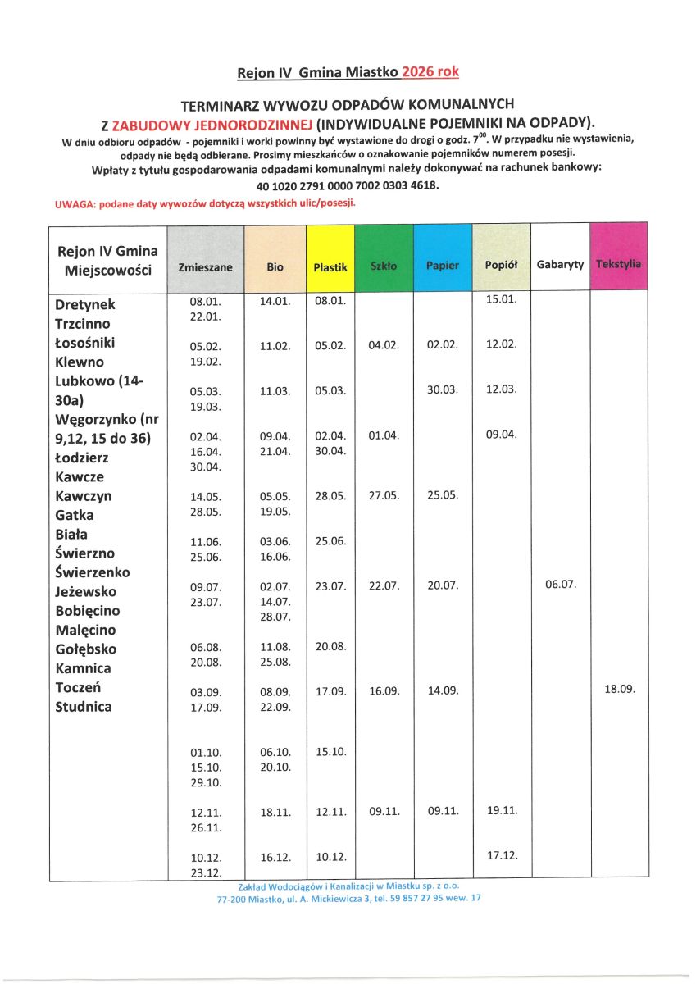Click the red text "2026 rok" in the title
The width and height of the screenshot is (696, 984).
430,72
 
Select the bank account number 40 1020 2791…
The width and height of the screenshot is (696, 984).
348,185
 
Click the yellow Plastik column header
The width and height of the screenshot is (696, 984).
330,267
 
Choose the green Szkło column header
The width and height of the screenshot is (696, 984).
384,266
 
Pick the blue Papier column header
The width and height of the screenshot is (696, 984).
443,266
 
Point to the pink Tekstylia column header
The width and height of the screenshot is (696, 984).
619,265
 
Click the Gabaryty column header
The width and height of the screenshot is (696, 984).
560,265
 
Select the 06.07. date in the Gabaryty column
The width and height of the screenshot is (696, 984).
561,585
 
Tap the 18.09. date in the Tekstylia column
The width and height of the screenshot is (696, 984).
620,690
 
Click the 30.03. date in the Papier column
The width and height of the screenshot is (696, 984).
443,390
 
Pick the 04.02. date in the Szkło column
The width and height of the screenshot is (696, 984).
384,346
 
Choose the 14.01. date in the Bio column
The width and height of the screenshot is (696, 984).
275,302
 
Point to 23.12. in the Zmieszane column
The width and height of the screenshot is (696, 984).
206,872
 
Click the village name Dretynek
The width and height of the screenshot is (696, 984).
85,304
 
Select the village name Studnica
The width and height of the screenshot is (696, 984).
83,707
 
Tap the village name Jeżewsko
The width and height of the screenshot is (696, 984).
85,592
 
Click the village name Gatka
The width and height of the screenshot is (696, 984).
75,515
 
